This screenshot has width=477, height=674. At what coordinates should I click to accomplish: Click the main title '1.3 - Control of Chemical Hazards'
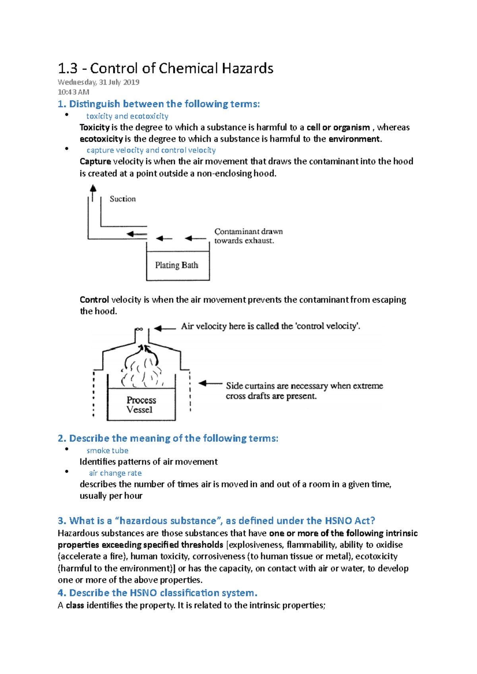coord(165,68)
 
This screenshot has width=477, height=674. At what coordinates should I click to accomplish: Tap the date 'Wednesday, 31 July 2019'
coord(98,82)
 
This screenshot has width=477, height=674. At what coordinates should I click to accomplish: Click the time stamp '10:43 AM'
coord(74,92)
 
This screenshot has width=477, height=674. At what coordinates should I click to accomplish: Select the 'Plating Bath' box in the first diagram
coord(177,265)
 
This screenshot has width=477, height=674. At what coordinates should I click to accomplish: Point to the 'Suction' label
coord(122,199)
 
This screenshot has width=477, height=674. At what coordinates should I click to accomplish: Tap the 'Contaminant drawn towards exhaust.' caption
coord(248,236)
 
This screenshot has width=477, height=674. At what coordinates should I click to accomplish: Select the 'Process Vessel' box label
coord(141,405)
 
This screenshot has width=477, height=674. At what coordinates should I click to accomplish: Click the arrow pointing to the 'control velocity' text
coord(165,328)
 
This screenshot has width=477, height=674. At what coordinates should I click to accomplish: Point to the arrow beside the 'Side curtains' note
coord(210,383)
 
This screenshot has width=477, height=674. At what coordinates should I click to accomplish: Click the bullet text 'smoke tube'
coord(107,451)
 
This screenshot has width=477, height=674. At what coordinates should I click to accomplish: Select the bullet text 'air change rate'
coord(115,473)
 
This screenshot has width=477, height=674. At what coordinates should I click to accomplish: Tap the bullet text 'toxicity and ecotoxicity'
coord(127,116)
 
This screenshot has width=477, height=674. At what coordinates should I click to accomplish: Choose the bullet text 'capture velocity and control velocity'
coord(151,150)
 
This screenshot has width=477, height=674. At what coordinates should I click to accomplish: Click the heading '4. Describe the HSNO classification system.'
coord(157,593)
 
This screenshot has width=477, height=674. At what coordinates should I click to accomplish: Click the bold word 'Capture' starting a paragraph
coord(95,162)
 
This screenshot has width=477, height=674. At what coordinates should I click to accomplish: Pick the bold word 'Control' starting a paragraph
coord(94,300)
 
